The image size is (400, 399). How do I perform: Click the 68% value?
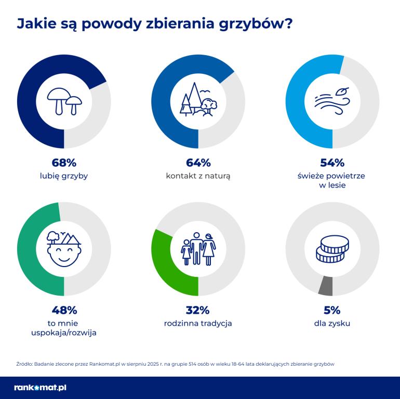(x=64, y=163)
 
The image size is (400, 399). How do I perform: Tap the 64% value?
(x=198, y=163)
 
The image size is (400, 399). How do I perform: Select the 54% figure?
(x=332, y=163)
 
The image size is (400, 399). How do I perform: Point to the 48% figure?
(x=64, y=310)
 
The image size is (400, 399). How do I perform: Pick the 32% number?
(x=198, y=310)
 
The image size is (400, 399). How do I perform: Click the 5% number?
(x=332, y=310)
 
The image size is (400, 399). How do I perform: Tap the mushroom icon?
(x=64, y=101)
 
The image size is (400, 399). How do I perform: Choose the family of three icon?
(x=198, y=248)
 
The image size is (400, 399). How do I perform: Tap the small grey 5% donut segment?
(x=326, y=285)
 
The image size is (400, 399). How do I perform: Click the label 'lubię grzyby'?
(x=64, y=176)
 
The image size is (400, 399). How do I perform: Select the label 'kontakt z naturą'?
(x=198, y=176)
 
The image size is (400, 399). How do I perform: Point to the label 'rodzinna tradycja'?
(x=198, y=323)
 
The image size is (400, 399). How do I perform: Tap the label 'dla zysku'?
(x=332, y=323)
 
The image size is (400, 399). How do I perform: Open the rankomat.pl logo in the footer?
(x=41, y=388)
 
